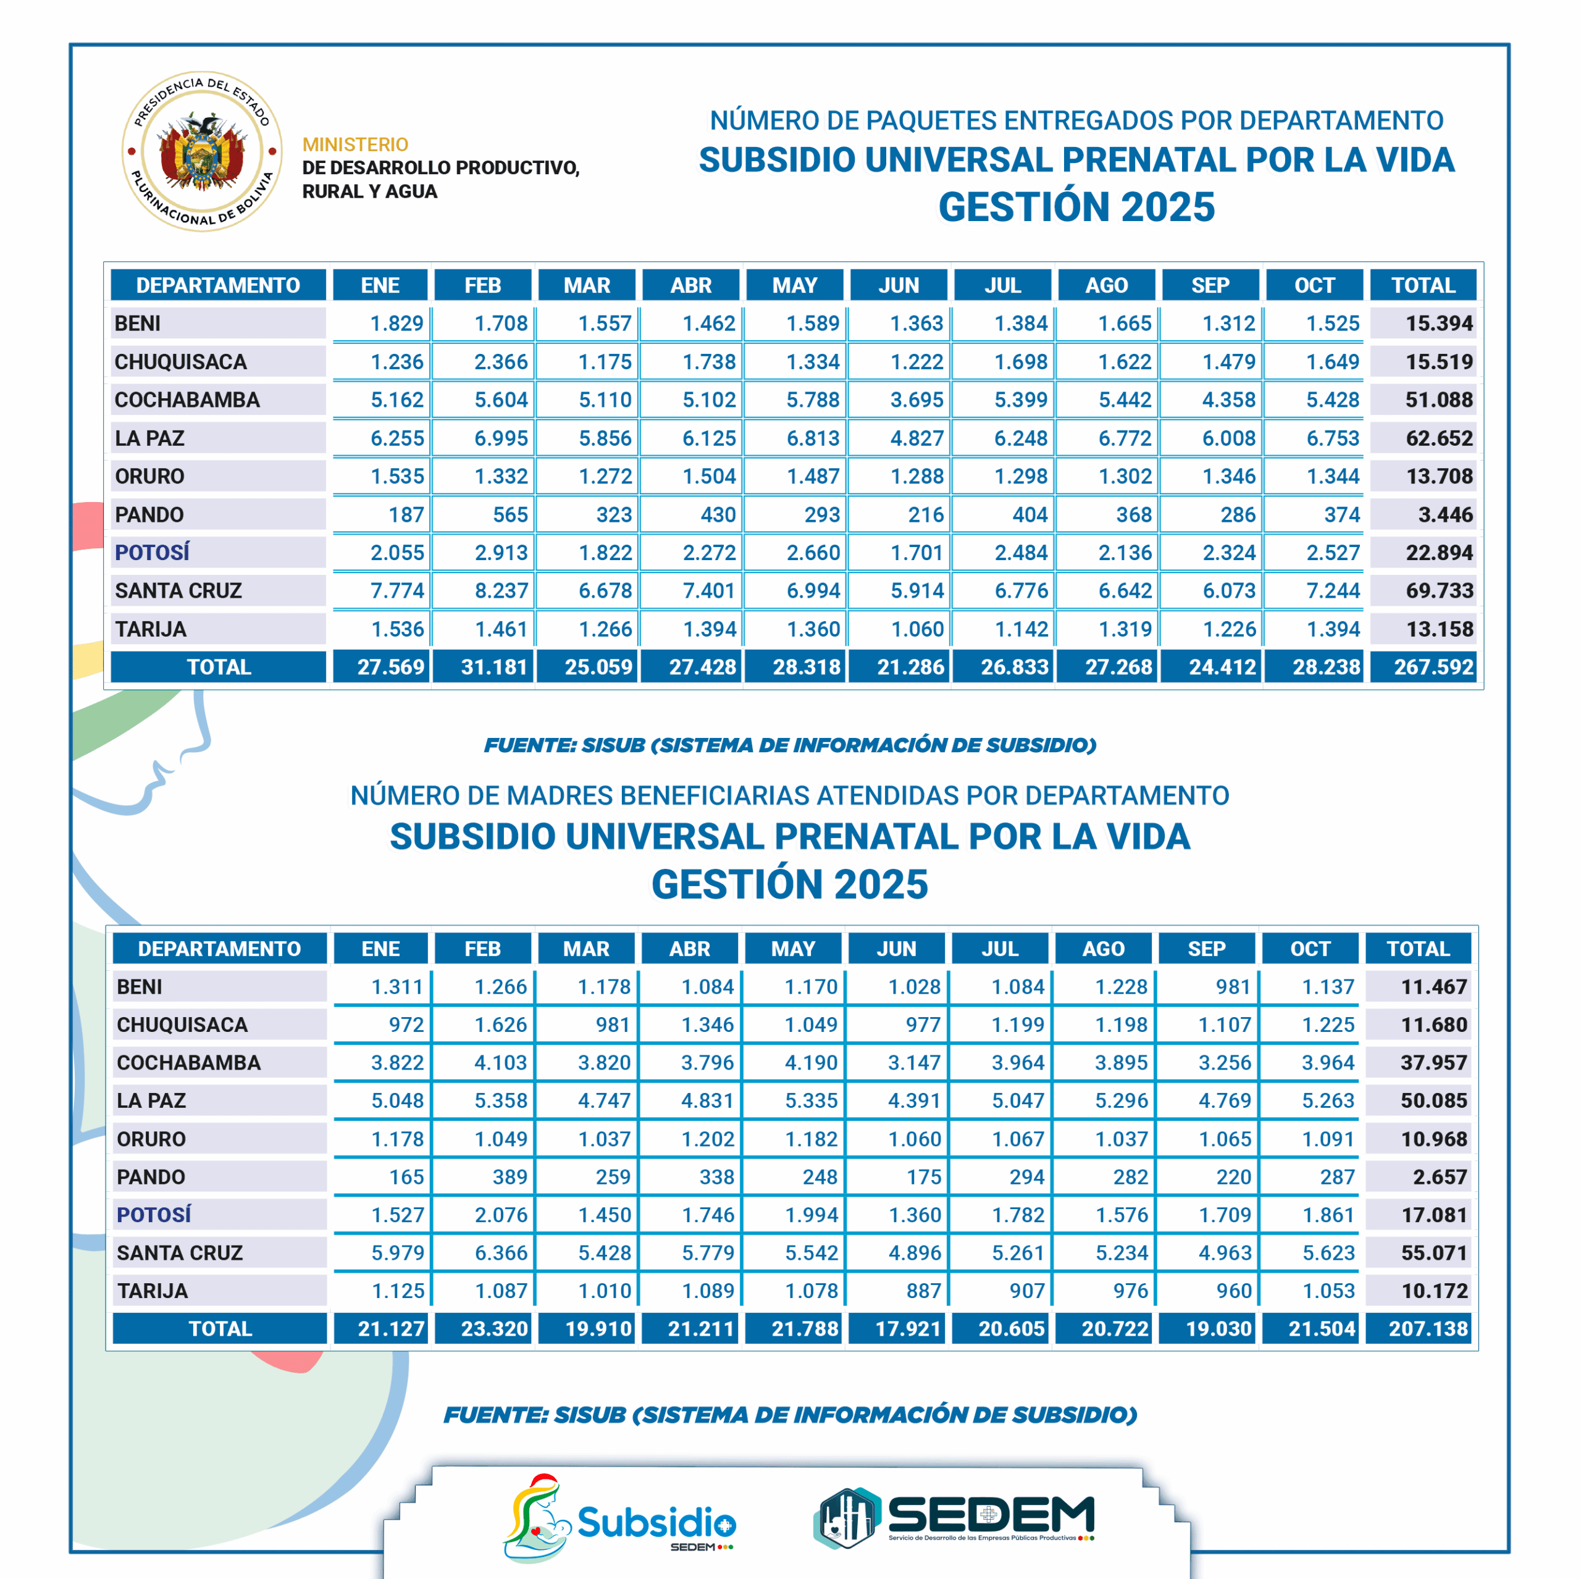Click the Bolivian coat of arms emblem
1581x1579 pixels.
[x=202, y=151]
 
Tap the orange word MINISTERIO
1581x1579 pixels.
[x=355, y=145]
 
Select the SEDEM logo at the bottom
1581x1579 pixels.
[x=954, y=1518]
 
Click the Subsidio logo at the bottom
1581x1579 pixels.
[x=619, y=1520]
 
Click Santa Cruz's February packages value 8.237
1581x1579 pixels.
[x=501, y=591]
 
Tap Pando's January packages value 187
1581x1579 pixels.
[x=406, y=514]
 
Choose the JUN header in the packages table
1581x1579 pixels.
[x=899, y=285]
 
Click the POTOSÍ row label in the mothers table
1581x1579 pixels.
[x=154, y=1215]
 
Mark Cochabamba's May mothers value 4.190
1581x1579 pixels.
[x=811, y=1063]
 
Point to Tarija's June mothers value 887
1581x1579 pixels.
[x=923, y=1291]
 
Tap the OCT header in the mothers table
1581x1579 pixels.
[x=1310, y=949]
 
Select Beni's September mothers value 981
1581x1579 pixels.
[x=1233, y=987]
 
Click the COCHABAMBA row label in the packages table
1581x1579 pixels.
[x=187, y=400]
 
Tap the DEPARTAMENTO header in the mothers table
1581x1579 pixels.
[x=219, y=949]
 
